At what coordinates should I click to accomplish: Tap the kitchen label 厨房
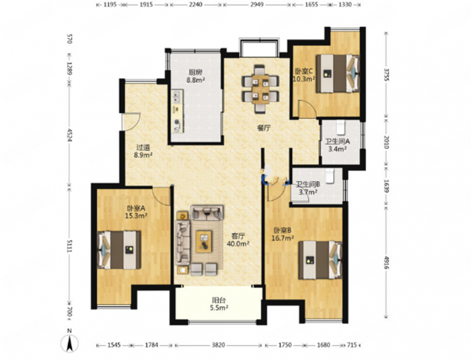click(x=195, y=72)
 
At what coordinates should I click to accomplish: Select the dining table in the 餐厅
click(x=260, y=89)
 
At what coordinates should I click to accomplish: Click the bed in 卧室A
click(x=120, y=250)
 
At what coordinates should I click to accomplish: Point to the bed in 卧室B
click(x=320, y=260)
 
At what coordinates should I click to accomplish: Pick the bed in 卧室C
click(x=337, y=73)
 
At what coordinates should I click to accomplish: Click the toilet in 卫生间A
click(x=341, y=127)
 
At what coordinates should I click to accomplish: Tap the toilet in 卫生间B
click(x=330, y=176)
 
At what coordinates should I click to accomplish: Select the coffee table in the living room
click(x=205, y=242)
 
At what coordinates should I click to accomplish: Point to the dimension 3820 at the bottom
click(x=218, y=345)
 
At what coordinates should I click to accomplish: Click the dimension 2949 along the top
click(x=257, y=5)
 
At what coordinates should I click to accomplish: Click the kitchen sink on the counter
click(x=176, y=96)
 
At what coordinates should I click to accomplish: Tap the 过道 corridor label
click(x=143, y=147)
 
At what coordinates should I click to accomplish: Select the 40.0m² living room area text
click(x=238, y=244)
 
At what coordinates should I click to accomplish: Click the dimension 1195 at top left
click(x=110, y=5)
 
